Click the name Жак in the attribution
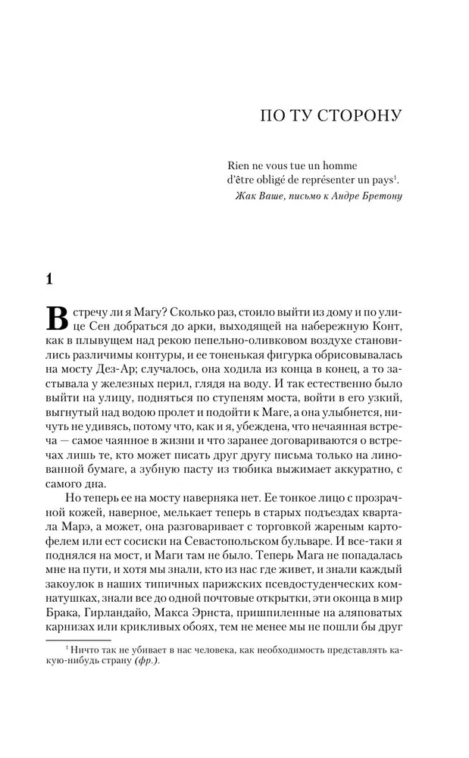pyautogui.click(x=249, y=199)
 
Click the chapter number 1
pyautogui.click(x=49, y=278)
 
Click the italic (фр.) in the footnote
pyautogui.click(x=148, y=659)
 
